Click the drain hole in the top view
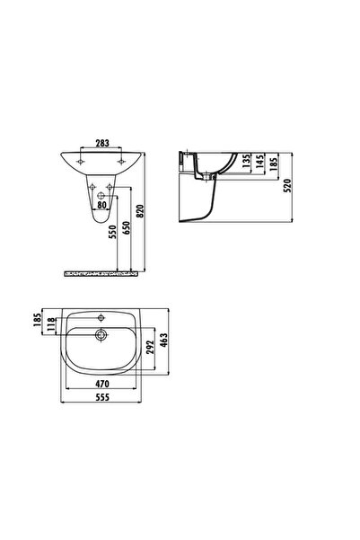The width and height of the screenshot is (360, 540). pos(101,335)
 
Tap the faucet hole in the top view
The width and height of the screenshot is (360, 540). pos(101,317)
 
